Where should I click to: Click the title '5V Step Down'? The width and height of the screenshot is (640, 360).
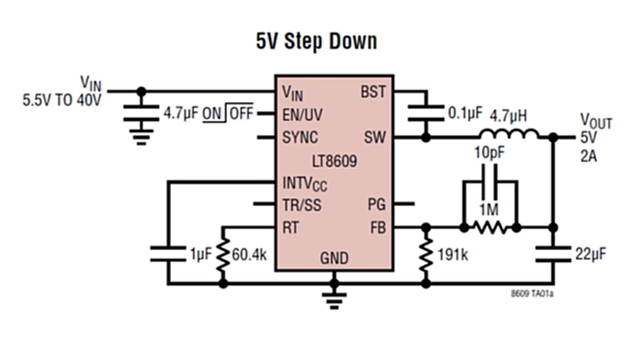point(316,42)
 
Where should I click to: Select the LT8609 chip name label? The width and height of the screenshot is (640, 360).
point(334,162)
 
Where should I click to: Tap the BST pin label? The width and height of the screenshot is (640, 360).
point(373,92)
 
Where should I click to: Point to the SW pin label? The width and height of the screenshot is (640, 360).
point(375,138)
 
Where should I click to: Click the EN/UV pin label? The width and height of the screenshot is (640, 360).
point(302,115)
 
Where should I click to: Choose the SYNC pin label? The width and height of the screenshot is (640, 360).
point(300,138)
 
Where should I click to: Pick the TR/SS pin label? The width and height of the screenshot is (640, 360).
point(302,205)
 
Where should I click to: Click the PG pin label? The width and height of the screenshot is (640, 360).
point(377,205)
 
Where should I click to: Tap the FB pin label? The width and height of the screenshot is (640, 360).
point(378,228)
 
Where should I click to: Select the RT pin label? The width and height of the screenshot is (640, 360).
point(290,228)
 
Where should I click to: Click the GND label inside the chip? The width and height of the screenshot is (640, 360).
point(334,258)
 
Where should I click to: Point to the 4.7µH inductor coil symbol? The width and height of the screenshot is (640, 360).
point(509,134)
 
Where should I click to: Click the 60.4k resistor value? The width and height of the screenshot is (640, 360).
point(249,254)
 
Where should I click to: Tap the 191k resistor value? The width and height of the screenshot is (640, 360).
point(453,254)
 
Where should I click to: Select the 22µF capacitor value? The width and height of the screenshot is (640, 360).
point(590,254)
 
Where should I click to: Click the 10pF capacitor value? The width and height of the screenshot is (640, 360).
point(490,153)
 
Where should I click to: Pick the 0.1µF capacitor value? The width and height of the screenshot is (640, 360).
point(465,113)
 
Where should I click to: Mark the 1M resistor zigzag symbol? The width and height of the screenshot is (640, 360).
point(490,228)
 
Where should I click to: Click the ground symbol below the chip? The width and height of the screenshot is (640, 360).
point(334,301)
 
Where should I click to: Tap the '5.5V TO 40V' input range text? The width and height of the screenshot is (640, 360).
point(62,101)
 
